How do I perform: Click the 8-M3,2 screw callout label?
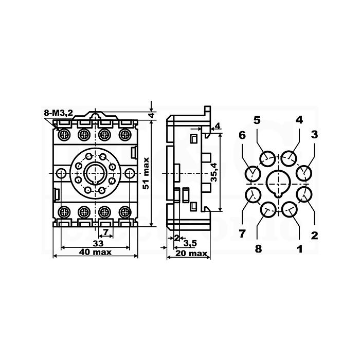click(x=58, y=113)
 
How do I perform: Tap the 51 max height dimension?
click(x=146, y=173)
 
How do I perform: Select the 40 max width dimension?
click(x=95, y=252)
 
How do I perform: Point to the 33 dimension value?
click(x=98, y=243)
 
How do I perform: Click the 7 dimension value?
click(x=105, y=232)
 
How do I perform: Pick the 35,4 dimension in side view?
click(x=214, y=172)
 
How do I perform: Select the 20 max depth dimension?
click(x=191, y=254)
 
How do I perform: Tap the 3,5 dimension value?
click(x=190, y=243)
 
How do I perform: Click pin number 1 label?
click(x=300, y=249)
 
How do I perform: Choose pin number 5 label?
click(x=257, y=120)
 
